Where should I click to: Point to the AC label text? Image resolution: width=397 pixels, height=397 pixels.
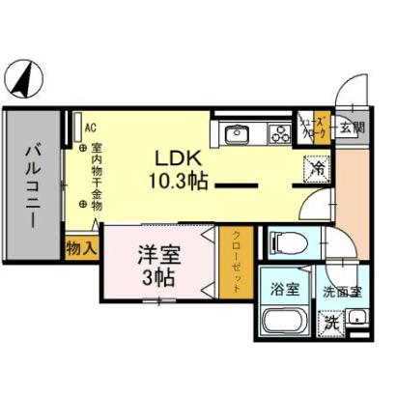pyautogui.click(x=90, y=127)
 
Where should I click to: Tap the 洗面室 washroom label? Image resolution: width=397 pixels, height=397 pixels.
pyautogui.click(x=343, y=289)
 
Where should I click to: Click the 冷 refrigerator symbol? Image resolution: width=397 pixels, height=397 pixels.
pyautogui.click(x=317, y=167)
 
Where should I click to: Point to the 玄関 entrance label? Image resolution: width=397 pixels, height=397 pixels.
pyautogui.click(x=353, y=127)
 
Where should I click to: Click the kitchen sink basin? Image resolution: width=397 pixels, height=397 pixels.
pyautogui.click(x=237, y=134)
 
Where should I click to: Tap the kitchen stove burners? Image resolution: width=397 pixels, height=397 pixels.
pyautogui.click(x=280, y=133)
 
